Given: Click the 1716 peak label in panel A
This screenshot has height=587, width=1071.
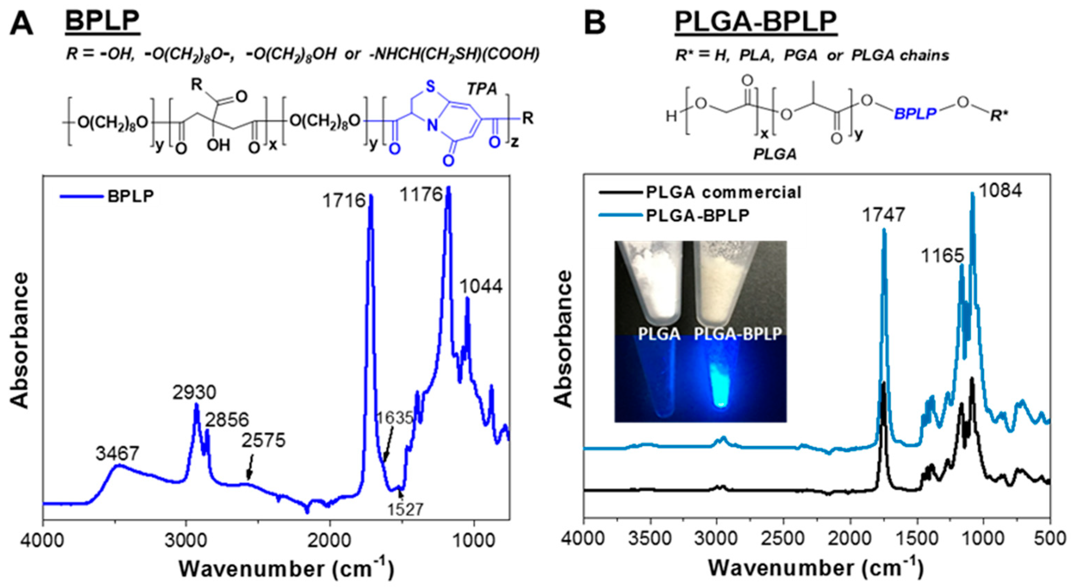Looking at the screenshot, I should pos(343,201).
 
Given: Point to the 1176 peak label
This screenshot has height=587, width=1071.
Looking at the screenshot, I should pos(421,195).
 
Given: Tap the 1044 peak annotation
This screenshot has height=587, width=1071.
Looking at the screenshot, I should pos(481,286).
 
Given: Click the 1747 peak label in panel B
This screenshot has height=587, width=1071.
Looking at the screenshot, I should pos(883,215).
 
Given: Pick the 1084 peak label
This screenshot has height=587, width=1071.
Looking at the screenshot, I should pos(1000,191).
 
